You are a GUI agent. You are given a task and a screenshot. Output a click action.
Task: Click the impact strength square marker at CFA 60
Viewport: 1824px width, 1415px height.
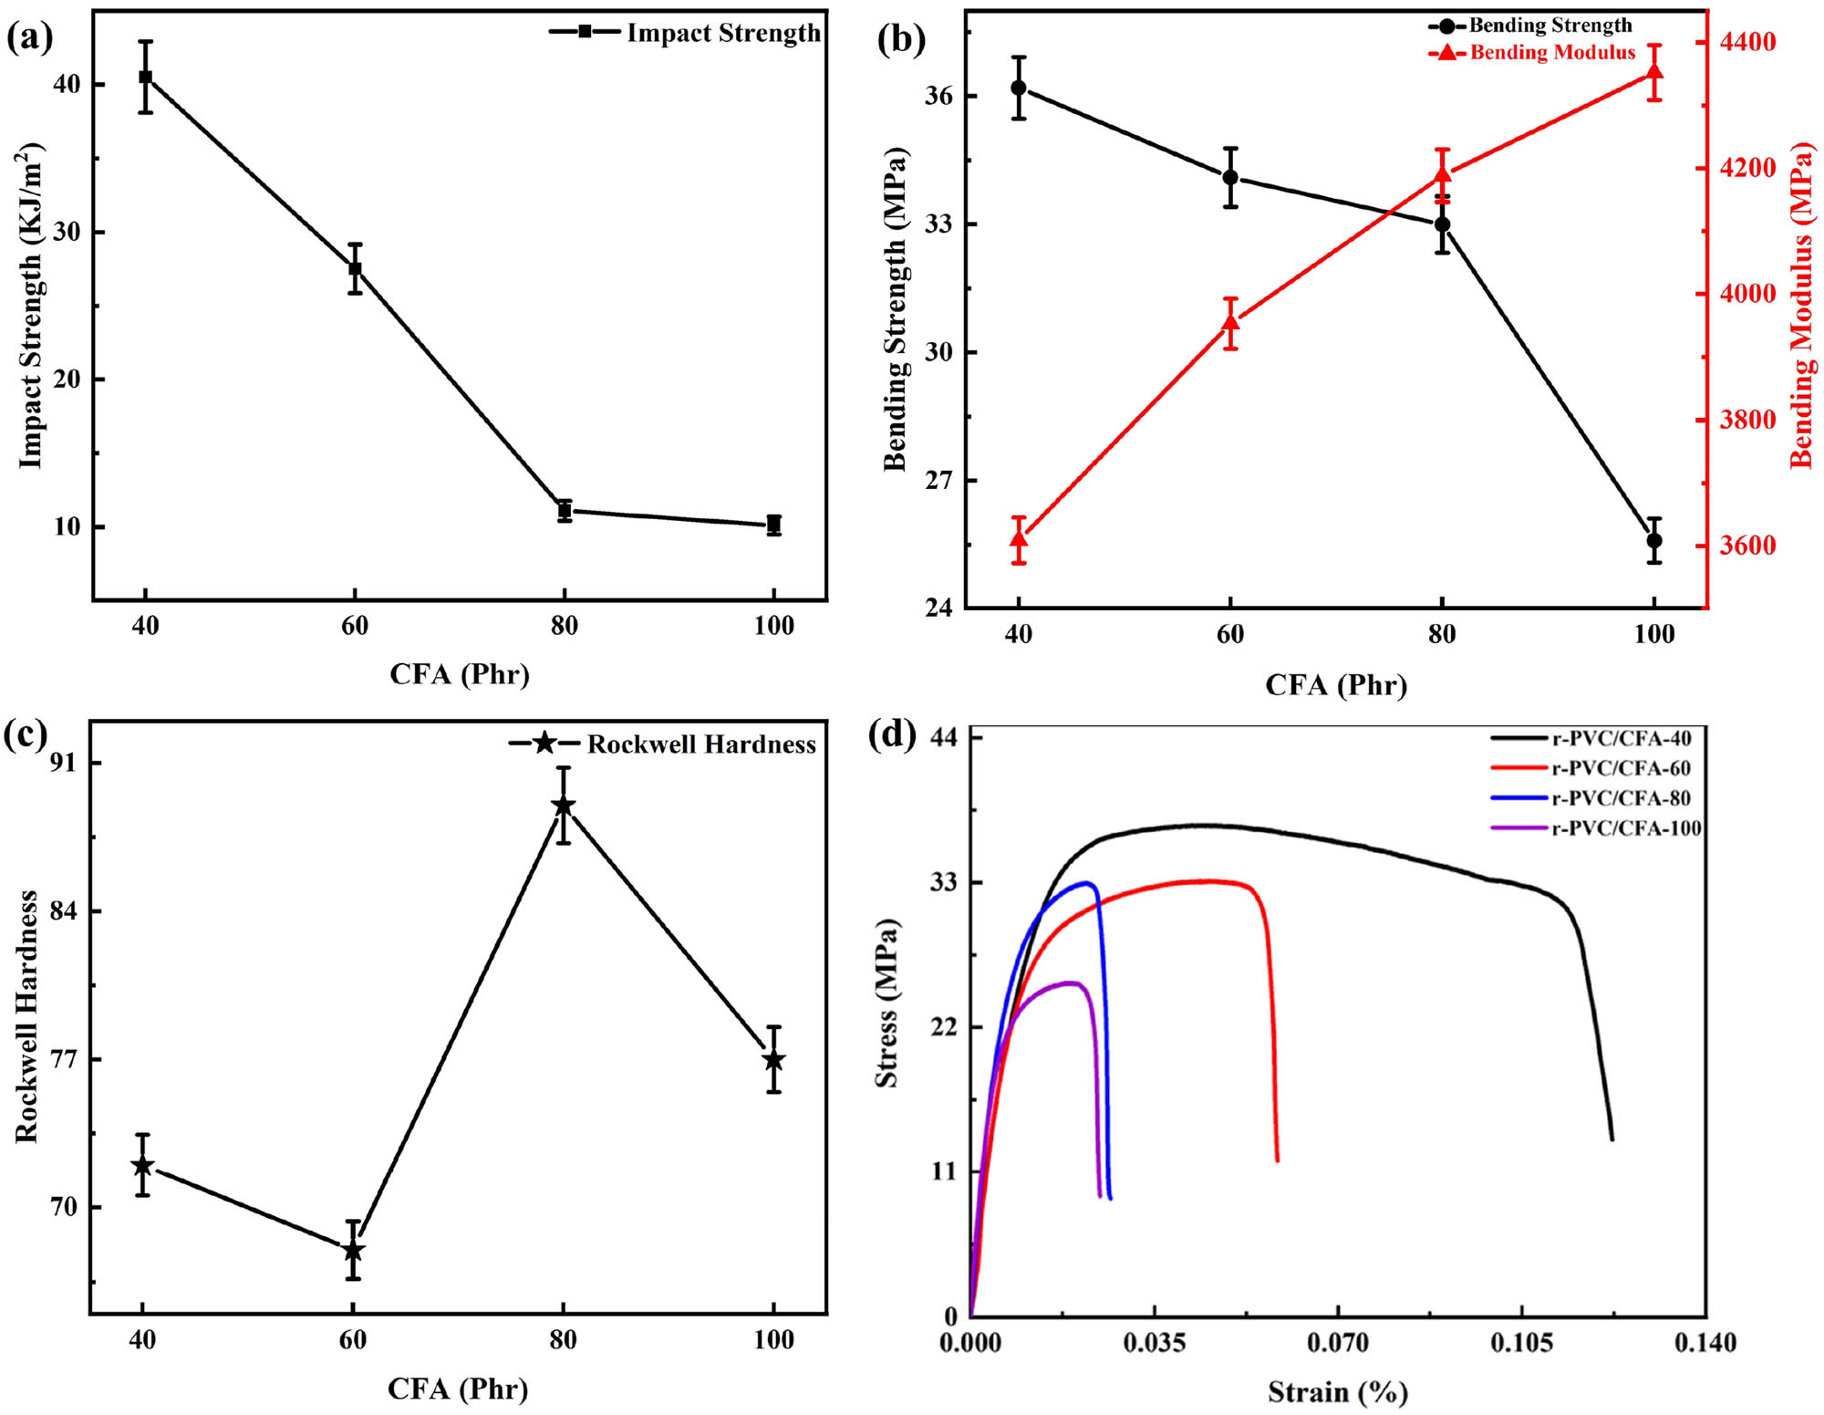(355, 269)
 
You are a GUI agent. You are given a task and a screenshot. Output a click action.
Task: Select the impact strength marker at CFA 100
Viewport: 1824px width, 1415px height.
(773, 525)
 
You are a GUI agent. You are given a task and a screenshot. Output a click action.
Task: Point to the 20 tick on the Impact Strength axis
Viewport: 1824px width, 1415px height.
(67, 380)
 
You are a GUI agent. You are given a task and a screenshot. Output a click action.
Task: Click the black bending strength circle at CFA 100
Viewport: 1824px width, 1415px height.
(1653, 540)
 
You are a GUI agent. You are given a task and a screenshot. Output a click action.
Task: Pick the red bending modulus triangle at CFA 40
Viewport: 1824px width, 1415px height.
(1019, 539)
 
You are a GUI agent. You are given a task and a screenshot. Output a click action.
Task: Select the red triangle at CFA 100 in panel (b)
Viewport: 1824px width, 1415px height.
(1653, 73)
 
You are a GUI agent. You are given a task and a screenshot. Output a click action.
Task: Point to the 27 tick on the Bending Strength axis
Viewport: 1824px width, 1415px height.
(938, 481)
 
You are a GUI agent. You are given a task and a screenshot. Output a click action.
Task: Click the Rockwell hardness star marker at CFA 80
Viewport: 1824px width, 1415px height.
(564, 805)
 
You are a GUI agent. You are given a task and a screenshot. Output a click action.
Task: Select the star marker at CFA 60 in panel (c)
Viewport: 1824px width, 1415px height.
(353, 1251)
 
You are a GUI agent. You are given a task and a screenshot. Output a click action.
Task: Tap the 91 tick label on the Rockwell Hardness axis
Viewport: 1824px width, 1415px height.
(65, 763)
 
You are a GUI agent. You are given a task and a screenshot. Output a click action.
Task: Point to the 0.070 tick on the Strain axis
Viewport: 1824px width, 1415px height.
(1338, 1342)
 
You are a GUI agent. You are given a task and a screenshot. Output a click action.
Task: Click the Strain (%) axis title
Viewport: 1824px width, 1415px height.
(1337, 1392)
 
